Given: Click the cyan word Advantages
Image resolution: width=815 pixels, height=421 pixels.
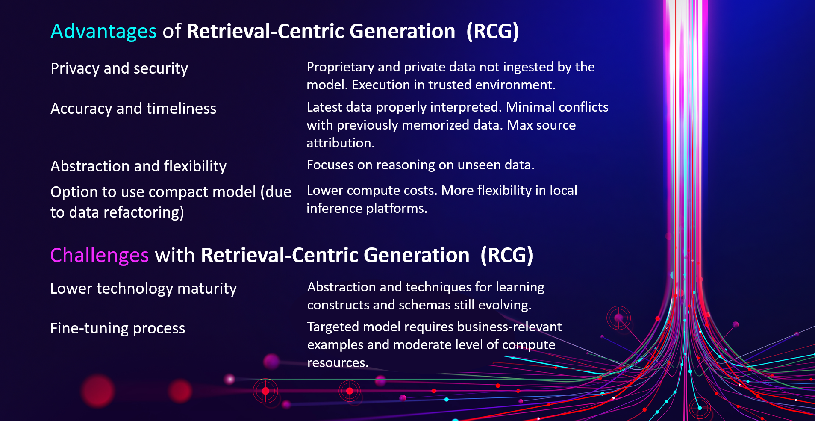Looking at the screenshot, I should [x=103, y=32].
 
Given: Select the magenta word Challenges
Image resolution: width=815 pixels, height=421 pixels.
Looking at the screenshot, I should [x=99, y=255].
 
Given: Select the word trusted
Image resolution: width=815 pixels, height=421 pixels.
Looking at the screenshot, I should [x=450, y=85].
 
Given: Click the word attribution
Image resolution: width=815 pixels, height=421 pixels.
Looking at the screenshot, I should [x=340, y=143].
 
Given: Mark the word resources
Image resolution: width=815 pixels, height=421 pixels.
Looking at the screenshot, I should [x=337, y=363].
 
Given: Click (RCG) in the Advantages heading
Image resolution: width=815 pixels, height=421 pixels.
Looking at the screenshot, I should [x=492, y=32].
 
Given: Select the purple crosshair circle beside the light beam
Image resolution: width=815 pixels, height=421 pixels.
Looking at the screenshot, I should [x=618, y=318].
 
